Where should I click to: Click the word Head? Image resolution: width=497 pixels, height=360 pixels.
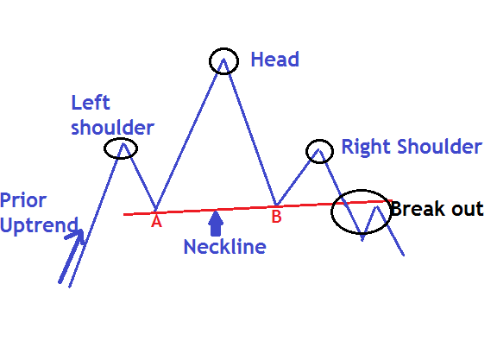pos(274,60)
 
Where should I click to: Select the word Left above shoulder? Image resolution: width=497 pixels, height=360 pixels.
pos(91,103)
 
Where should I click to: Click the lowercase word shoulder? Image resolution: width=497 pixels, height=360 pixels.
pos(112,128)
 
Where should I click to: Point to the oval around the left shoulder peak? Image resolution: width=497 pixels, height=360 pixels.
pos(104,148)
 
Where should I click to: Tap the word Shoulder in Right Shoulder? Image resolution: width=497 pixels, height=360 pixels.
pos(440,147)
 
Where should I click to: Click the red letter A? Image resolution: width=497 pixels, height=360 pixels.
pos(156,221)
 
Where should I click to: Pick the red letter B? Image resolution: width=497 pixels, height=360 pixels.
pos(276,217)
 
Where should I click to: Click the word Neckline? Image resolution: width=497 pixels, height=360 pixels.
pos(224,247)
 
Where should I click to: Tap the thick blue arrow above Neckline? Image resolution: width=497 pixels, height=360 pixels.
pos(216,224)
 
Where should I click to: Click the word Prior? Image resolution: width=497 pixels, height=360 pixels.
pos(23,201)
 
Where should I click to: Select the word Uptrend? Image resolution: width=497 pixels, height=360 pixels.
pos(39,225)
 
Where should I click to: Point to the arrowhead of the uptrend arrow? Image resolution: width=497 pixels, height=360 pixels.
pos(82,231)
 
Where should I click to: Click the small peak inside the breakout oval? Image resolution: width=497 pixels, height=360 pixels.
pos(377,207)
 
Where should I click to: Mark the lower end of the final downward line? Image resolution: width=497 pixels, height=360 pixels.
pos(404,255)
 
